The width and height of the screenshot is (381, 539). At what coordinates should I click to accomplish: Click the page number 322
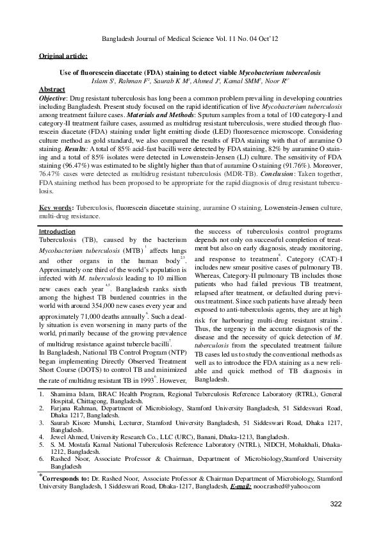point(336,505)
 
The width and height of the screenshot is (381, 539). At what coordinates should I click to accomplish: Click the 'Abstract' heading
point(53,89)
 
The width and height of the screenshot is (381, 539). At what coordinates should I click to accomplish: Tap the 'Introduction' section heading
point(57,231)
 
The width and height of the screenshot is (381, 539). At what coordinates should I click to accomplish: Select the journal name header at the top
point(190,40)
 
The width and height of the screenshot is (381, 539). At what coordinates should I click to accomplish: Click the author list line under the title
point(190,82)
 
